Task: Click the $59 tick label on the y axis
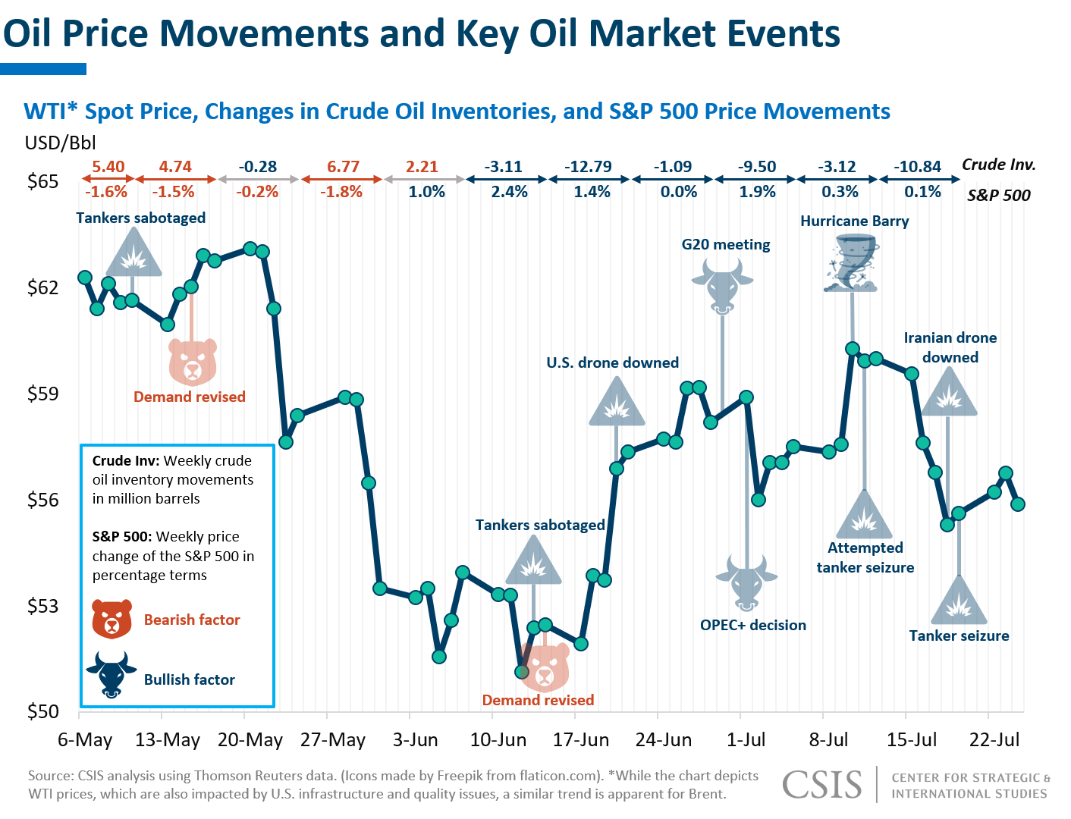coord(43,394)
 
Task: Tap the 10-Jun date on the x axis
coord(498,739)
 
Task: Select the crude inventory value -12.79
coord(588,167)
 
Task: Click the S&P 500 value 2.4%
coord(509,192)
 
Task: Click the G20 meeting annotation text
coord(726,244)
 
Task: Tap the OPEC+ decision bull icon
coord(746,582)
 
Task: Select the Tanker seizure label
coord(959,635)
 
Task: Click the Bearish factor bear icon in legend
coord(112,619)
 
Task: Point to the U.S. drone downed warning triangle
coord(617,403)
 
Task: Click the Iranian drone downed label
coord(950,347)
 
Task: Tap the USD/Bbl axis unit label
coord(61,143)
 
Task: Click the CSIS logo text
coord(822,785)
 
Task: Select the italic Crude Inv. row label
coord(998,165)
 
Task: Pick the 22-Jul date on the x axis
coord(994,739)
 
